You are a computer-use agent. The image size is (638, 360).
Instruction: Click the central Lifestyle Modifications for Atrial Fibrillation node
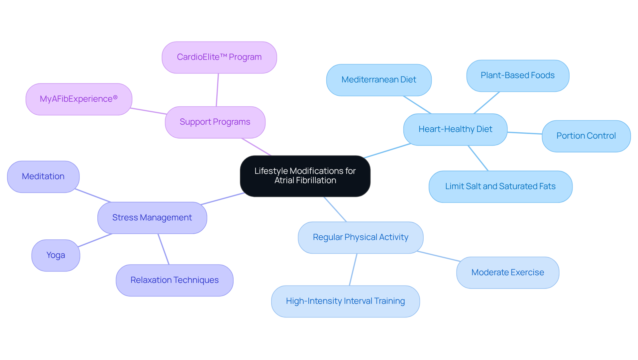[x=305, y=176]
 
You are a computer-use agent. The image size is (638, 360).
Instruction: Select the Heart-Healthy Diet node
[x=455, y=129]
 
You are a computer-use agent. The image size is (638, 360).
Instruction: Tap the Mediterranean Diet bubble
[x=379, y=80]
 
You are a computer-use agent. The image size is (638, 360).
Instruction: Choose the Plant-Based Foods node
[x=517, y=75]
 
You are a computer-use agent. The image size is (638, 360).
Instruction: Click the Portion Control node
[x=586, y=136]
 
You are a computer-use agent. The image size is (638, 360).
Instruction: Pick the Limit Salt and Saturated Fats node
[x=500, y=186]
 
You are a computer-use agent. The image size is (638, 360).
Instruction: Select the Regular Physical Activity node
[x=361, y=237]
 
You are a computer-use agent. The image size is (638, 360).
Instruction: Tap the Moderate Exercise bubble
[x=507, y=273]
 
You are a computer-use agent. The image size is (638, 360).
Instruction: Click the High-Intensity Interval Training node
[x=345, y=301]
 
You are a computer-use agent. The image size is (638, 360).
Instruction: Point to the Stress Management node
[x=152, y=218]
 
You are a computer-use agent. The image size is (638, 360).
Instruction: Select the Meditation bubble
[x=43, y=177]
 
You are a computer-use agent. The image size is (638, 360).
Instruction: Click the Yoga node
[x=56, y=255]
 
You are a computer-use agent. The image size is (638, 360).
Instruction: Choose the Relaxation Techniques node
[x=174, y=280]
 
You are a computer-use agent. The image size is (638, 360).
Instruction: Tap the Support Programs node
[x=215, y=122]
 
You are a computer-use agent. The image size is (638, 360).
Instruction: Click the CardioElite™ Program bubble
[x=219, y=57]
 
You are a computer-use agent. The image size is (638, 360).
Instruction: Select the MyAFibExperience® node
[x=79, y=99]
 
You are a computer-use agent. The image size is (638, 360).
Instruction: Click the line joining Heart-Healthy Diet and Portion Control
[x=525, y=133]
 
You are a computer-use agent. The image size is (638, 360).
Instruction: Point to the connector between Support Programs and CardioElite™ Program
[x=217, y=90]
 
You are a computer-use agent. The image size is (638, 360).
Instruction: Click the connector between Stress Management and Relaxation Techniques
[x=163, y=249]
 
